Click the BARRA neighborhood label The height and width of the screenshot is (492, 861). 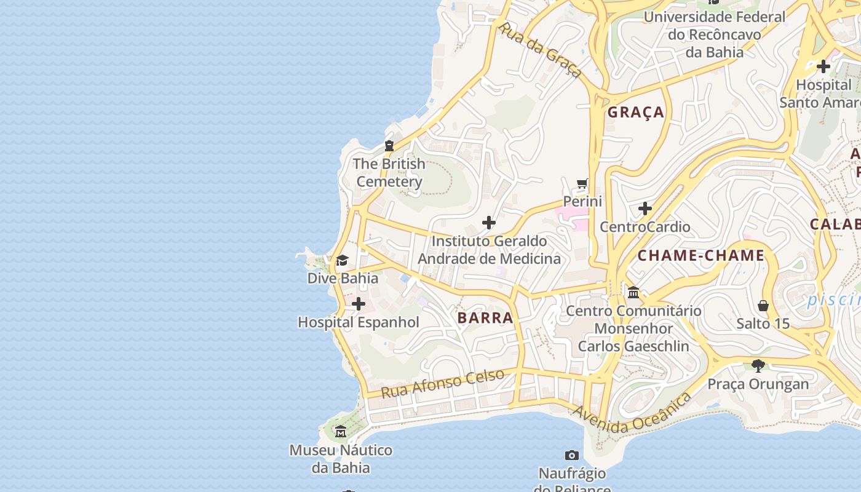pos(485,317)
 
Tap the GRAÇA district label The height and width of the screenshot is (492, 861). pos(636,112)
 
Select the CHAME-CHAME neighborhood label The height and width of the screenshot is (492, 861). pos(700,255)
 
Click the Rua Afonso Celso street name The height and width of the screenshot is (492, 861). pos(442,383)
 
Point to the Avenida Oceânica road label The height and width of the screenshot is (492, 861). pos(632,414)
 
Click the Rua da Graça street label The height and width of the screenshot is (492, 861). pos(541,50)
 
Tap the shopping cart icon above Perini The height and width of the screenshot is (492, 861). pos(582,184)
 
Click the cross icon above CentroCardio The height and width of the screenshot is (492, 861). pos(645,209)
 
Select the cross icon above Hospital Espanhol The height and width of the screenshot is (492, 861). pos(358,304)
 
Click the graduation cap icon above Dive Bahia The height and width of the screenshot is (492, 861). pos(342,260)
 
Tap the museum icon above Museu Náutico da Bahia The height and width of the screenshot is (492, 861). pos(341,432)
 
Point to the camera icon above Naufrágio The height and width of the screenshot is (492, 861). pos(572,456)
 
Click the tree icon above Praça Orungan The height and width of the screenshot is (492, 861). pos(758,366)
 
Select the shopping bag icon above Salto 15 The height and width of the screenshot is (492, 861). pos(763,306)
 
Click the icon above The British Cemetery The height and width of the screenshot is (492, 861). pos(389,146)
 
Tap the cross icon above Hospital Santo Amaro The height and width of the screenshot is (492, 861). pos(823,66)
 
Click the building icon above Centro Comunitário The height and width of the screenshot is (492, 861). pos(633,292)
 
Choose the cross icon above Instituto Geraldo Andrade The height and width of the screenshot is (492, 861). pos(489,222)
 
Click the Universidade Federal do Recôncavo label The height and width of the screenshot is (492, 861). pos(714,34)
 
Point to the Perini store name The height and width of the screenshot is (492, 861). pos(582,201)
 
